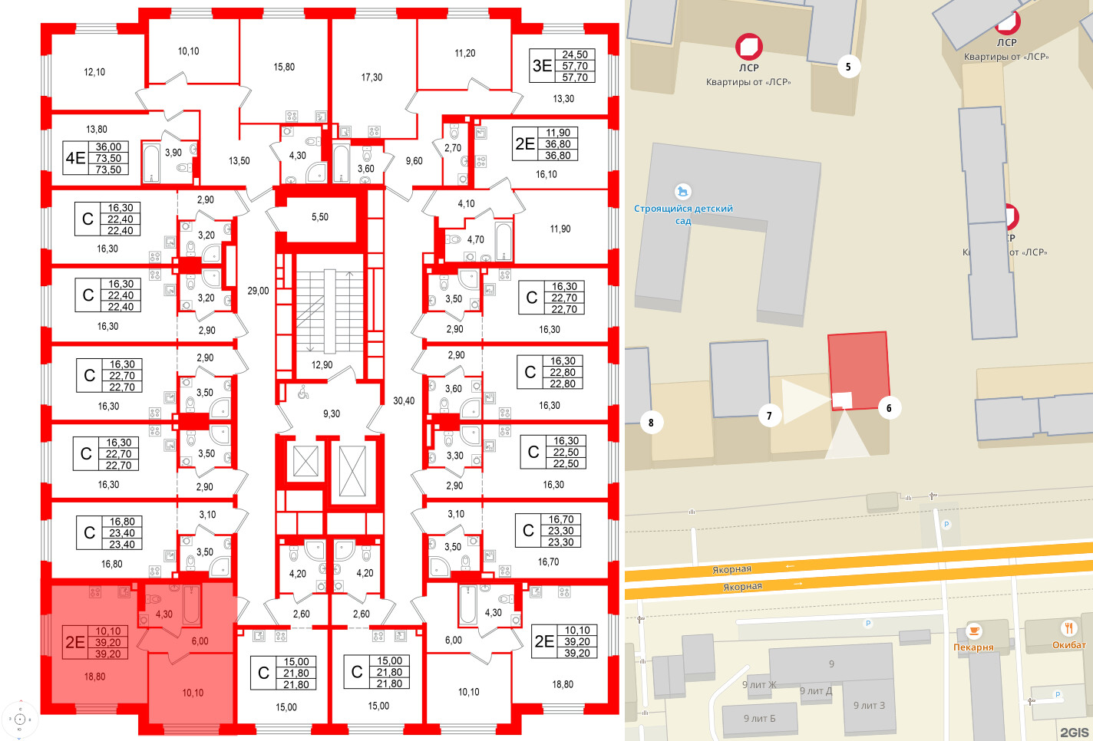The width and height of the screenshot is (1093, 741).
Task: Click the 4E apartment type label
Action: (75, 159)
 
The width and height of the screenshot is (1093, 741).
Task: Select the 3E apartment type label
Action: (542, 66)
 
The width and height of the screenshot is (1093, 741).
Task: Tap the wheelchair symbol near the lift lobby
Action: (302, 391)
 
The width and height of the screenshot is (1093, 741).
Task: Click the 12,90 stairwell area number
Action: (322, 365)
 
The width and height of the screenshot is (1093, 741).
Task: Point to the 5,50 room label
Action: (319, 217)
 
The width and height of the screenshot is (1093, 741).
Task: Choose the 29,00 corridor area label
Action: (258, 291)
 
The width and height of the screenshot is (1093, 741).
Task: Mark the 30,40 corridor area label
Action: (404, 400)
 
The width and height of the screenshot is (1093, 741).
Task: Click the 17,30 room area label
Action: (371, 77)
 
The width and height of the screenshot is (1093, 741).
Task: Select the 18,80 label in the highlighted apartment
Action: (94, 677)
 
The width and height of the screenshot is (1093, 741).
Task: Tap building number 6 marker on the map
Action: (889, 408)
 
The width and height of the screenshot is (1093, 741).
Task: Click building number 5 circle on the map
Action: (848, 67)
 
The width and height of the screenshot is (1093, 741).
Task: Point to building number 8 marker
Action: (651, 422)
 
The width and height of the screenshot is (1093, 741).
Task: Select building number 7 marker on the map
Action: (769, 416)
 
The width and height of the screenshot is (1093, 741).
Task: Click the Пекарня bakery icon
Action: (973, 631)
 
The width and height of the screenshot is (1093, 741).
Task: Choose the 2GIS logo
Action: (1074, 733)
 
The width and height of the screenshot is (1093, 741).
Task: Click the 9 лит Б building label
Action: (759, 719)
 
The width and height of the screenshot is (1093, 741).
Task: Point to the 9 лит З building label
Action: (869, 706)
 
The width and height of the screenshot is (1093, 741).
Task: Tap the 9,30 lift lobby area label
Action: (332, 413)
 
